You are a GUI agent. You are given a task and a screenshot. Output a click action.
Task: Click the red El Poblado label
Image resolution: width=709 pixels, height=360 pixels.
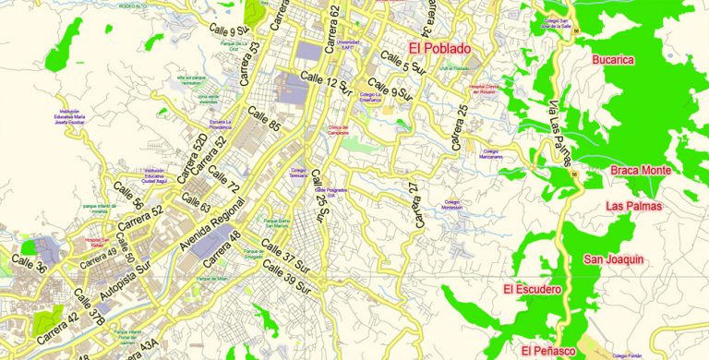pyautogui.click(x=439, y=48)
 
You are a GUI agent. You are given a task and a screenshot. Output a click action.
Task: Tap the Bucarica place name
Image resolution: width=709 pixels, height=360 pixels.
pyautogui.click(x=613, y=60)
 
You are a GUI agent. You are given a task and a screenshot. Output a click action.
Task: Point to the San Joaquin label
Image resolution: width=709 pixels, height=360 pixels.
pyautogui.click(x=613, y=260)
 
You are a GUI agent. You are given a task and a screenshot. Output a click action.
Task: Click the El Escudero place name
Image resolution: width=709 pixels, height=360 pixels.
pyautogui.click(x=532, y=290)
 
